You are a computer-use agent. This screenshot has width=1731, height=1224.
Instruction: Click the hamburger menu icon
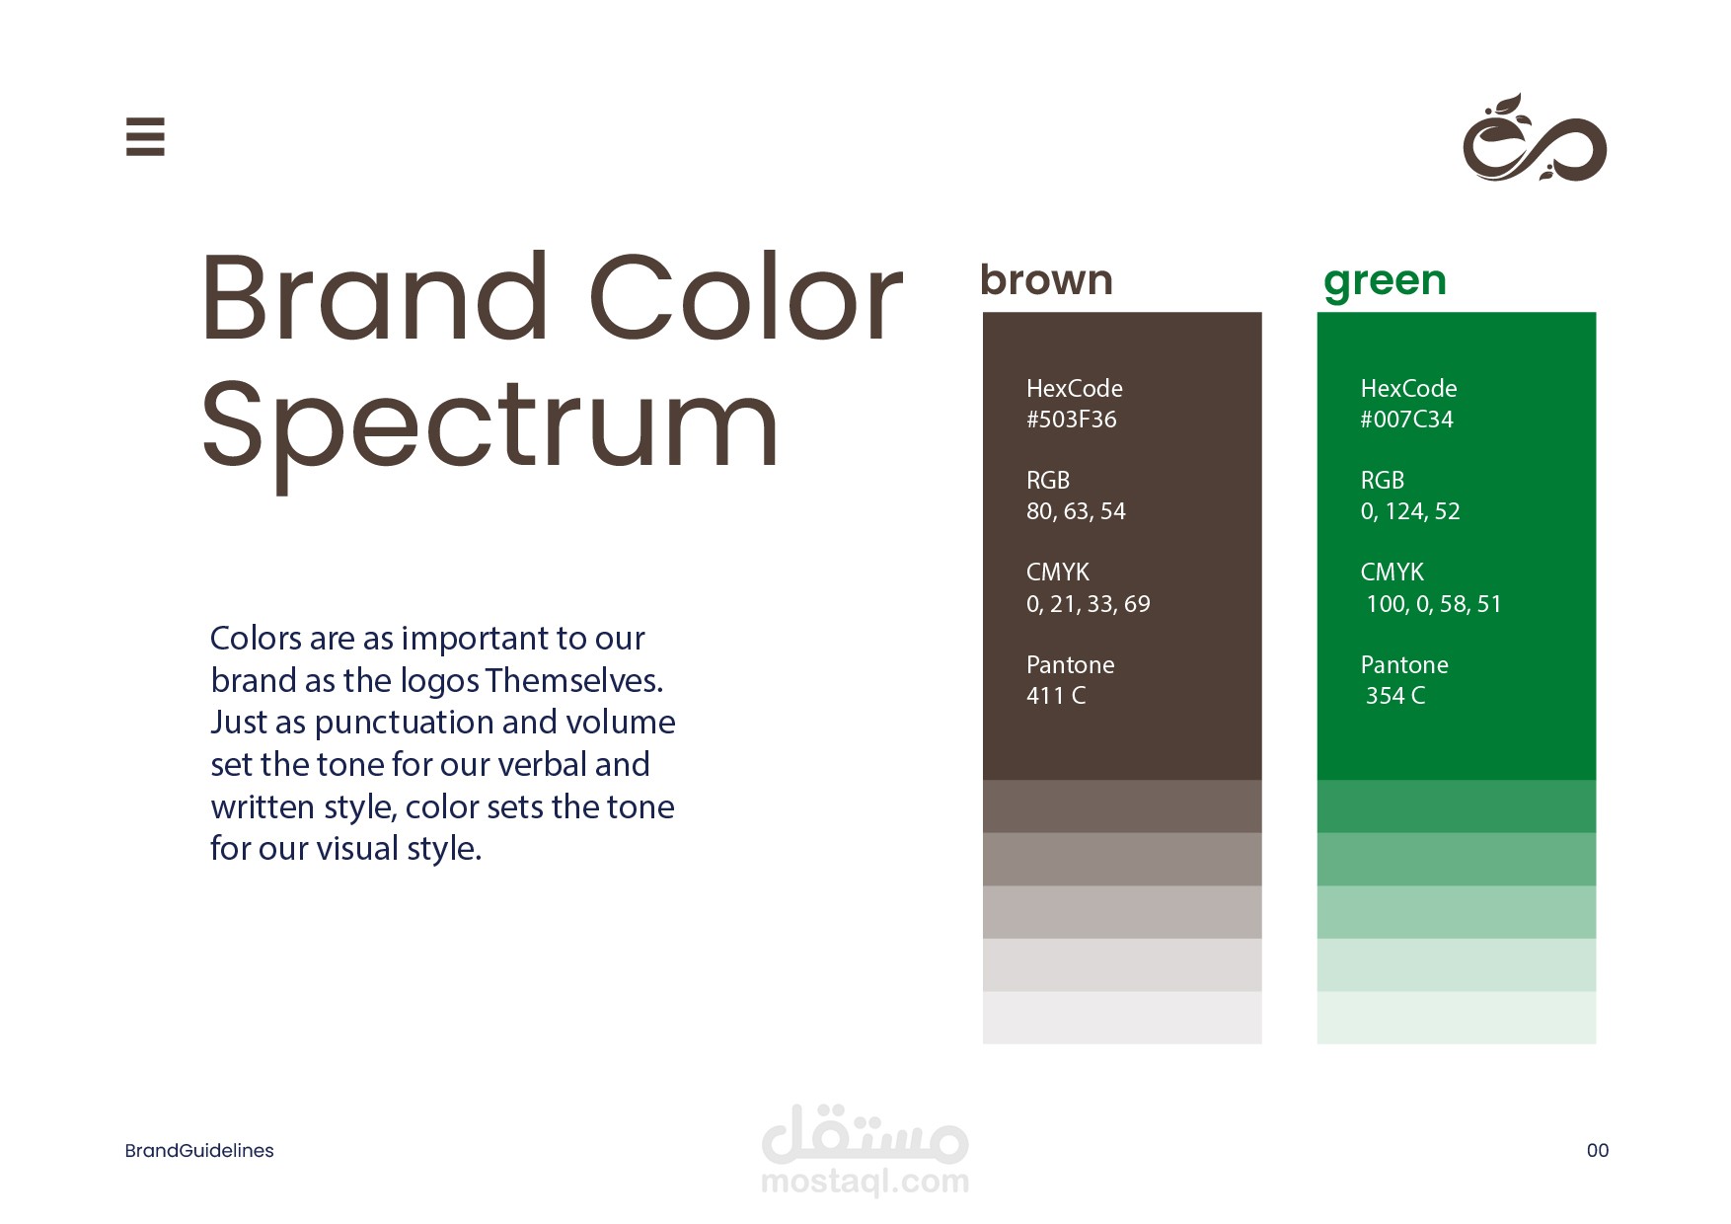[x=145, y=136]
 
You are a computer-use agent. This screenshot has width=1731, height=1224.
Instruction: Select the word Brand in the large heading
[x=374, y=297]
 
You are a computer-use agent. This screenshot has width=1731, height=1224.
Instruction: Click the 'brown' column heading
[x=1046, y=280]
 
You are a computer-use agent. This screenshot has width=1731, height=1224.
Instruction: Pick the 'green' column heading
[x=1385, y=282]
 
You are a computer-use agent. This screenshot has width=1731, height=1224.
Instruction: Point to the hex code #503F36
[x=1072, y=420]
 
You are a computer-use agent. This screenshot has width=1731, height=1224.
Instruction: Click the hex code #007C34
[x=1407, y=420]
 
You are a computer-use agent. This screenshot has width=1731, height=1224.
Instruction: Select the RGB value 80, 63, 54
[x=1076, y=511]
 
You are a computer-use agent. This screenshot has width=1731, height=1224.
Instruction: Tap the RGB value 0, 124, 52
[x=1410, y=511]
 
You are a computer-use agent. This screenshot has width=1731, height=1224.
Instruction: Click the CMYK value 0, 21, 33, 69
[x=1089, y=604]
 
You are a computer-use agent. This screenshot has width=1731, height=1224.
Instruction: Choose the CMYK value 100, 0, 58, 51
[x=1434, y=604]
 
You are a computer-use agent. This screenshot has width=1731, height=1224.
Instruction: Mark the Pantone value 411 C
[x=1056, y=696]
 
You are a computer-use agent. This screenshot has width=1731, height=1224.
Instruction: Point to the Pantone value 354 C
[x=1395, y=696]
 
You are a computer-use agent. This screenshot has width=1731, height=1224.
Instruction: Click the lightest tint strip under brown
[x=1122, y=1018]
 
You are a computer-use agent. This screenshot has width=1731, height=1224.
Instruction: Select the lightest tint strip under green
[x=1457, y=1018]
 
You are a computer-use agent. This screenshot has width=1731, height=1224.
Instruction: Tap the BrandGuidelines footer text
[x=199, y=1151]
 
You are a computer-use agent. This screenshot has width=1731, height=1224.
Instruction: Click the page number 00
[x=1598, y=1151]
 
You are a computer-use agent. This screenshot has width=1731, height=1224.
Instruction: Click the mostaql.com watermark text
[x=865, y=1182]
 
